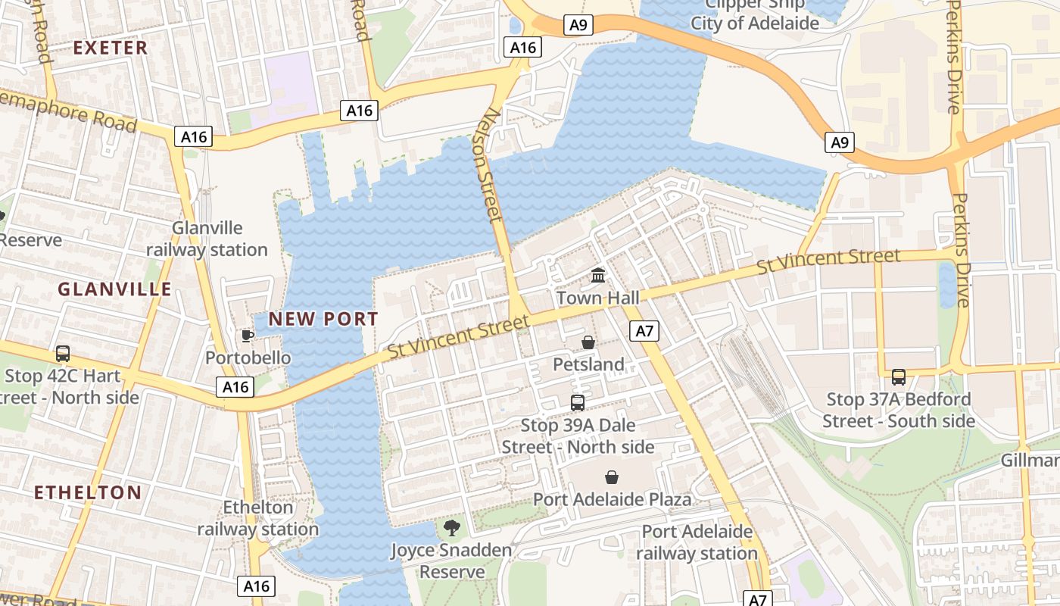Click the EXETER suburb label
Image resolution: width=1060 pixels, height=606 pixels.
pos(111,48)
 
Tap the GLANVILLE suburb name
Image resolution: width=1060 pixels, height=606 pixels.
pos(114,289)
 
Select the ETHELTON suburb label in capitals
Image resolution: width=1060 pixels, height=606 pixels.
pos(88,492)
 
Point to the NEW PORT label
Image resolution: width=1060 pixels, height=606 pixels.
pos(323,319)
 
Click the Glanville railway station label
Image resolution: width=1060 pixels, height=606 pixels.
pos(207,239)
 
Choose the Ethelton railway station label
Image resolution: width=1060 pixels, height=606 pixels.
pos(258,518)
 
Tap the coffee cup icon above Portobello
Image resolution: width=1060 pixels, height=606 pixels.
pos(247,336)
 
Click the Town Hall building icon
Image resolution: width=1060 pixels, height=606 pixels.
pos(598,275)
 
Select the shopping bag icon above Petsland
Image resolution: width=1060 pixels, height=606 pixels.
pos(588,343)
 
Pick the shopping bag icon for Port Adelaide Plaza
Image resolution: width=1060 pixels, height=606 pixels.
pos(612,477)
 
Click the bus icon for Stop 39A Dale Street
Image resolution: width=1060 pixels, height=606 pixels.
pos(578,403)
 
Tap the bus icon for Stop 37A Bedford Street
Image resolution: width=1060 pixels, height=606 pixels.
pos(899,376)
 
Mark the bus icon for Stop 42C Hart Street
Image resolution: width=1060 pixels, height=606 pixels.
pos(63,354)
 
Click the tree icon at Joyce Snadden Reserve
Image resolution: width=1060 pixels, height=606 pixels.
pos(452,528)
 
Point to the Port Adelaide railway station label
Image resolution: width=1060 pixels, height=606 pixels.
pos(697,542)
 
